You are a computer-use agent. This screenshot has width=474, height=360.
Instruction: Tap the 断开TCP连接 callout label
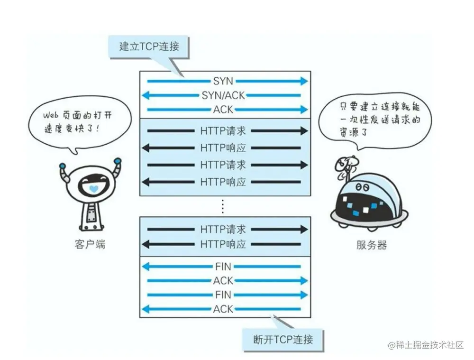coord(283,339)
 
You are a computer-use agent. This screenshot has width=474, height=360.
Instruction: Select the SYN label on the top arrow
coord(223,82)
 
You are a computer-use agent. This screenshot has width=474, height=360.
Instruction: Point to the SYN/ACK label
coord(223,95)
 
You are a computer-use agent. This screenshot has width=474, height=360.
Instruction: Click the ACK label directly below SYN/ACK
coord(223,110)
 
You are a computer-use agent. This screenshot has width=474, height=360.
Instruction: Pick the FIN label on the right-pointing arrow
coord(223,295)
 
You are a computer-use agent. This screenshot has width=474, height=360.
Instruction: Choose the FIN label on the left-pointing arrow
coord(223,267)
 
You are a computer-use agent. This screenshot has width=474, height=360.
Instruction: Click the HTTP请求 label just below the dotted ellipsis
coord(223,230)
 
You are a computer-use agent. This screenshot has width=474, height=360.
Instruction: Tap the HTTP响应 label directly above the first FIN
coord(223,245)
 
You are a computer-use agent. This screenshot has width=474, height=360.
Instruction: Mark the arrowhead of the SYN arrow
coord(303,82)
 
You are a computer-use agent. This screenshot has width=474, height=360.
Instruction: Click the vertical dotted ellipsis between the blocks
coord(223,206)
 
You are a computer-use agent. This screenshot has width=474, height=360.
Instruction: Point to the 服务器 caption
coord(371,245)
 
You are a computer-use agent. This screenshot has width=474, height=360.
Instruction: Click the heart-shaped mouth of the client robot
coord(93,188)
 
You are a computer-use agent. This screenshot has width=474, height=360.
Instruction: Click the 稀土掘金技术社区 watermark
coord(425,345)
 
